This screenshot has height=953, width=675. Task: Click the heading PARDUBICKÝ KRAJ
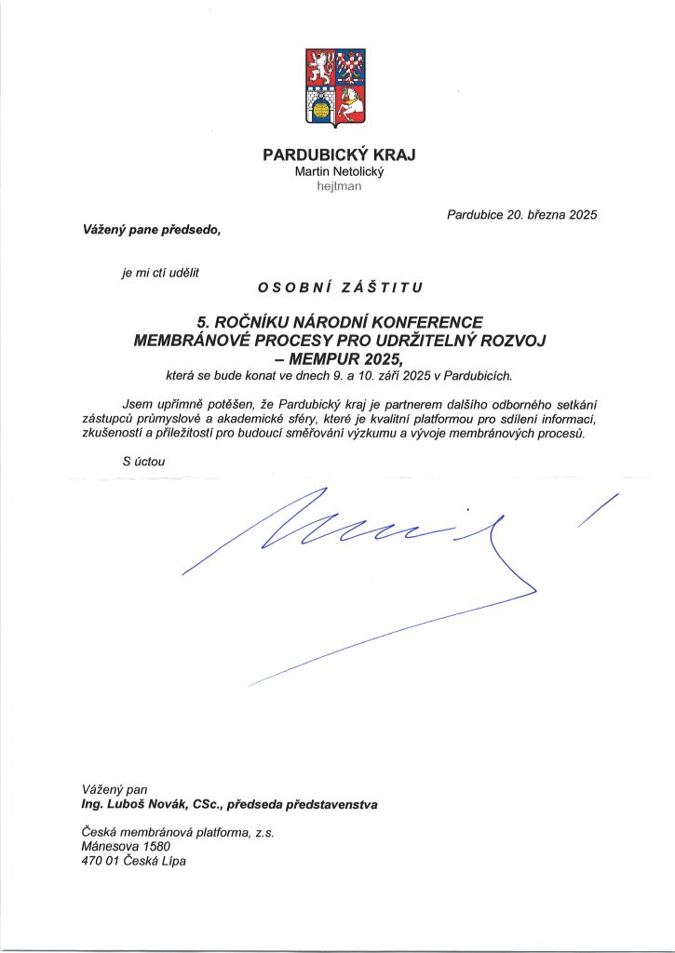pyautogui.click(x=339, y=154)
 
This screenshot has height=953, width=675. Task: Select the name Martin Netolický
pyautogui.click(x=338, y=171)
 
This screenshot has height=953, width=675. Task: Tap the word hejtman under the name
pyautogui.click(x=338, y=186)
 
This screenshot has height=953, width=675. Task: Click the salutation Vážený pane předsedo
pyautogui.click(x=152, y=229)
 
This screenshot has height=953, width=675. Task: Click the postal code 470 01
pyautogui.click(x=97, y=862)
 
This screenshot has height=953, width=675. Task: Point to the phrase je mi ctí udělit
pyautogui.click(x=160, y=272)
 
